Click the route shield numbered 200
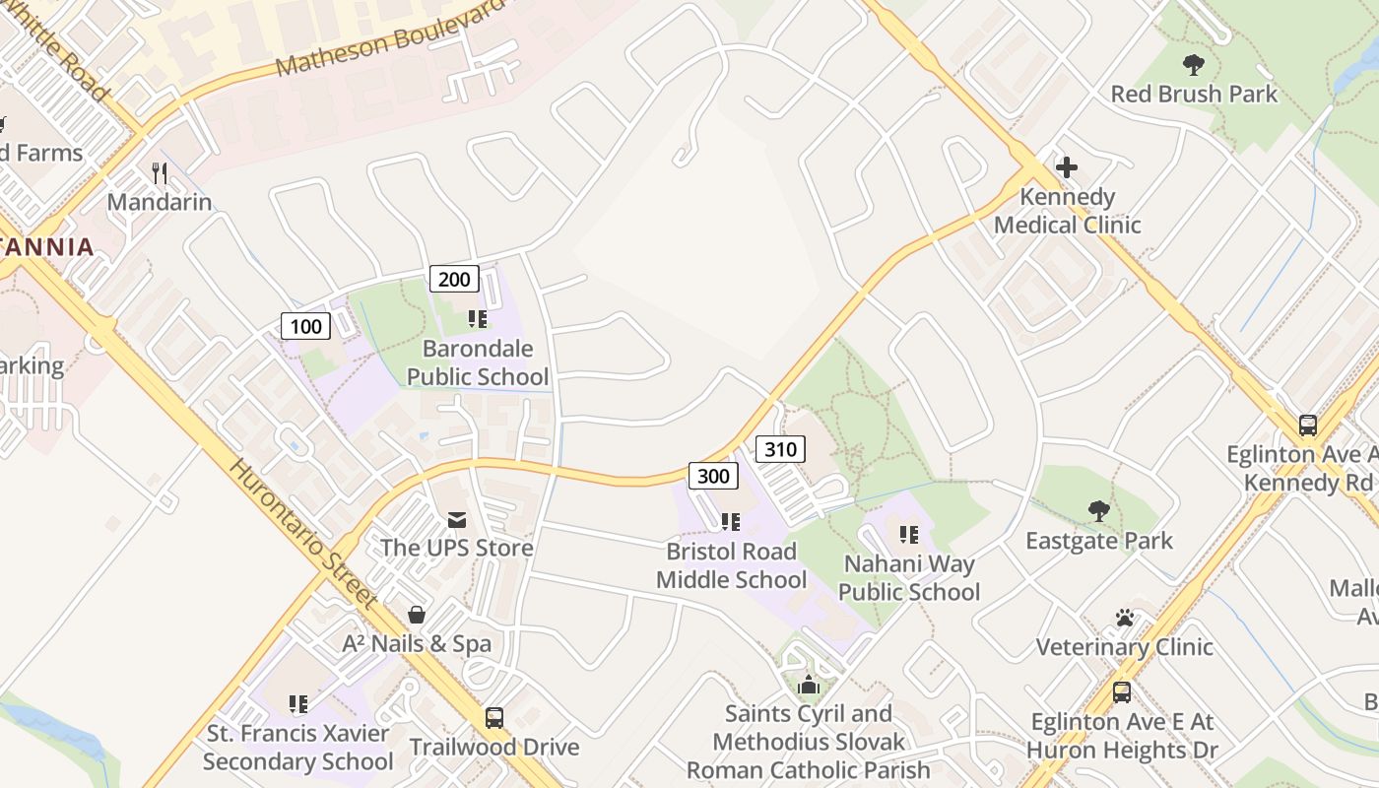454,279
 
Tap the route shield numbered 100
305,326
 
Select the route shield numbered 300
713,477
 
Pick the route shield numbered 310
780,450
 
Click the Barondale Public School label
478,362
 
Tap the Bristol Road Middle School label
731,565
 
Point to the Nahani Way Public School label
909,578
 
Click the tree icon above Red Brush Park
1194,66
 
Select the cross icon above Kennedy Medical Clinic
1066,166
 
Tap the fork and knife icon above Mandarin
160,173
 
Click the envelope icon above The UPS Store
457,519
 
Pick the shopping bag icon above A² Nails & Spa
417,615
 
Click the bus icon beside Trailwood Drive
494,718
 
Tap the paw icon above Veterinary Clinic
1125,618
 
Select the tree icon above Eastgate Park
1099,510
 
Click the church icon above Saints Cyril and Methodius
809,685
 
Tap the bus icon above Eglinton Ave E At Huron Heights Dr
1122,692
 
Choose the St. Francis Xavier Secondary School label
298,748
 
